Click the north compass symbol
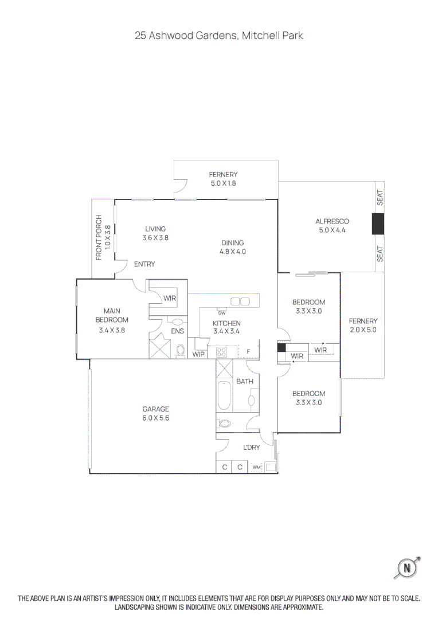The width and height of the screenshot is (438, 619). [407, 568]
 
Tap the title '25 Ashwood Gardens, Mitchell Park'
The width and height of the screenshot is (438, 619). [219, 36]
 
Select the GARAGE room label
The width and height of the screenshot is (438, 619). [156, 409]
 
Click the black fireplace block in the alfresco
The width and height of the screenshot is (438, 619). [378, 224]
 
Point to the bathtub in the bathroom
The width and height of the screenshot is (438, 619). [224, 394]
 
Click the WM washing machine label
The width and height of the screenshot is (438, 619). [256, 468]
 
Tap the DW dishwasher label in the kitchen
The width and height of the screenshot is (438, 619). [221, 312]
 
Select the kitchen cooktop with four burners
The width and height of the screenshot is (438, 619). [222, 352]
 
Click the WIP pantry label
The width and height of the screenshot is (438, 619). [198, 354]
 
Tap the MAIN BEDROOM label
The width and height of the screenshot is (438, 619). [112, 315]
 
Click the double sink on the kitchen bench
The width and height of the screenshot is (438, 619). [236, 301]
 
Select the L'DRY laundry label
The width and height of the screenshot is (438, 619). [251, 448]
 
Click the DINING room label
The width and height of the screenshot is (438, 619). [232, 242]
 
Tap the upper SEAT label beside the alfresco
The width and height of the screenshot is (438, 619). [380, 198]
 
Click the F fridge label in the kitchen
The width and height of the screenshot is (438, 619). [248, 351]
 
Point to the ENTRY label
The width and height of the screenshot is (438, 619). [144, 264]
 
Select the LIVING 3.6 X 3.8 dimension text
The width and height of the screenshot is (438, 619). [155, 237]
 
